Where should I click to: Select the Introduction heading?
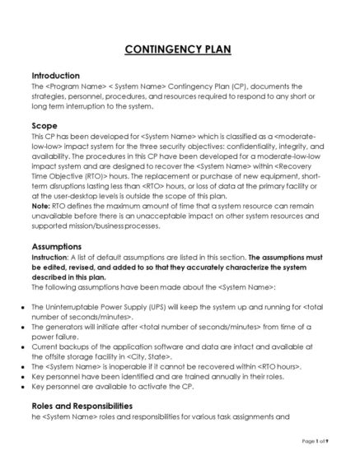55,75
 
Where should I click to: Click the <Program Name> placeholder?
69,86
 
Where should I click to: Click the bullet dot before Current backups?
22,346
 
